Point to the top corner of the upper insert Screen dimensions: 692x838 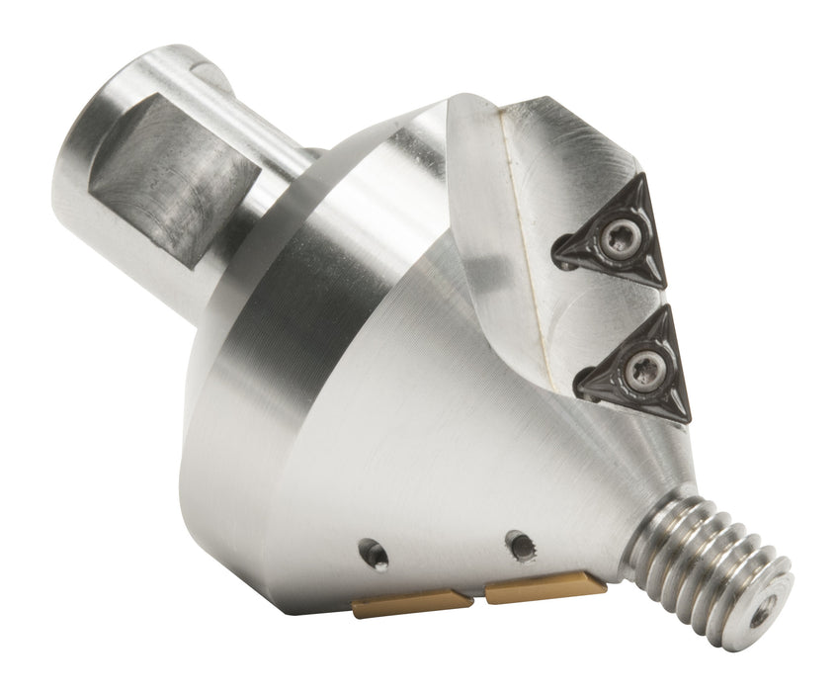coord(642,177)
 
